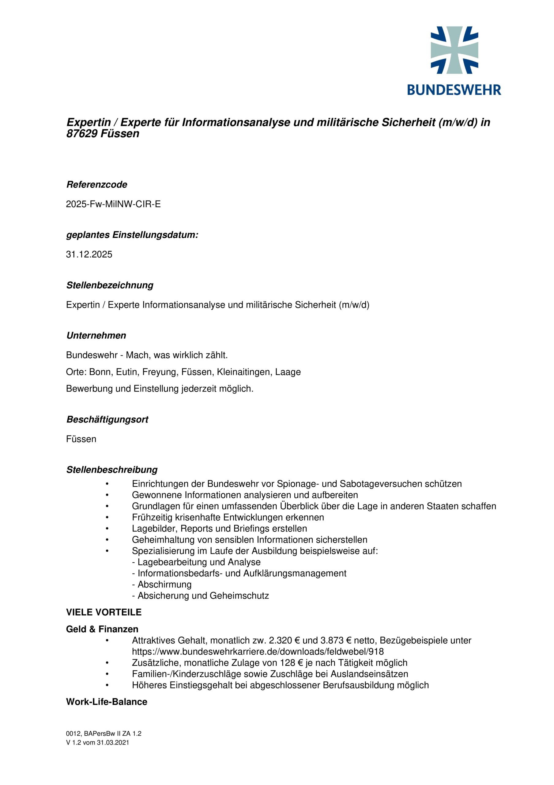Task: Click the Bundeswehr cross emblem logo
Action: tap(454, 50)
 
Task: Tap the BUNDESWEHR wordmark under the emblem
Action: tap(454, 90)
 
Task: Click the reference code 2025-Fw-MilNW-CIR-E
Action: tap(113, 204)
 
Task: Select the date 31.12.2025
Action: tap(89, 255)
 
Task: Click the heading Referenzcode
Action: tap(97, 185)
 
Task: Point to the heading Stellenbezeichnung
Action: tap(110, 285)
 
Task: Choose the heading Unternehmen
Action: tap(96, 335)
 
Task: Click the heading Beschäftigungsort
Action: tap(107, 419)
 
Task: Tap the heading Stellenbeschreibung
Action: tap(112, 470)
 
